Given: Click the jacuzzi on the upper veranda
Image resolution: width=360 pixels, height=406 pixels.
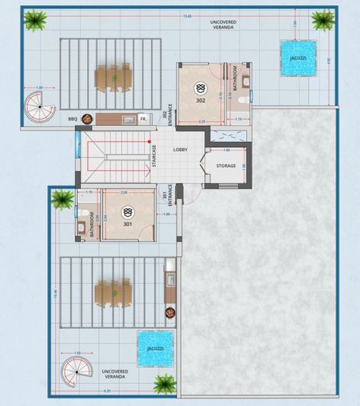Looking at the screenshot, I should tap(295, 62).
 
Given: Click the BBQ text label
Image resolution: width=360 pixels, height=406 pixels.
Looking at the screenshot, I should tap(72, 119).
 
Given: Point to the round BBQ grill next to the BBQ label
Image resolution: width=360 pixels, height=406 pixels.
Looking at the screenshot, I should tap(88, 118).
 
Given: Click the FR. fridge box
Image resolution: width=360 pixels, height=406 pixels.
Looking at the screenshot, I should tap(143, 119).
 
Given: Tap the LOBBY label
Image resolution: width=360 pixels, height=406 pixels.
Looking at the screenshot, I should tap(181, 150).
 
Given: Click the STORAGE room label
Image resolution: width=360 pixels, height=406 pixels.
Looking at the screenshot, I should tap(225, 165).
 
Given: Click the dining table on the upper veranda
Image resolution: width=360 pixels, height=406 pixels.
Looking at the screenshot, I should tap(112, 76).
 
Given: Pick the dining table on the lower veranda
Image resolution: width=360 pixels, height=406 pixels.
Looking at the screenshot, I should tap(111, 292).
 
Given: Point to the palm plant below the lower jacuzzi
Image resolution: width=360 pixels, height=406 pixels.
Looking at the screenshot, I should tap(163, 384).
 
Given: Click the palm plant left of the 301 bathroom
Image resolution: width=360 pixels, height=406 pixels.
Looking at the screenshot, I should tap(61, 200).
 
